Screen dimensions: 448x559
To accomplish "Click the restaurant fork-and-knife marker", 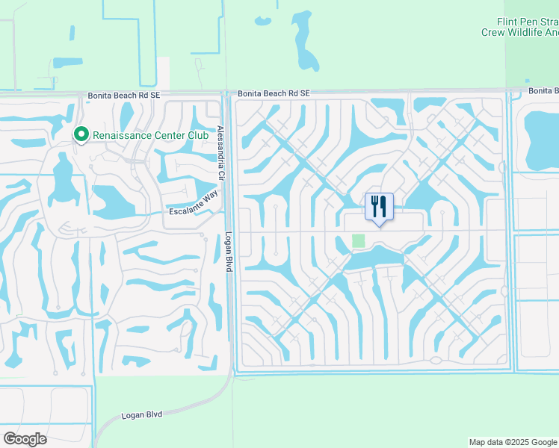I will point(379,206).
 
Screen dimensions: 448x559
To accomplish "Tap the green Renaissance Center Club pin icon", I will point(81,135).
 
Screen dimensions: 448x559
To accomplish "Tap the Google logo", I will point(25,439).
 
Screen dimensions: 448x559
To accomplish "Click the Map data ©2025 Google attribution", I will point(512,442).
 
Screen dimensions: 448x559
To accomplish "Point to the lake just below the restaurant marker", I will point(374,257).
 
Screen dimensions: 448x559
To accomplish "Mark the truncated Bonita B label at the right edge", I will point(543,90).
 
